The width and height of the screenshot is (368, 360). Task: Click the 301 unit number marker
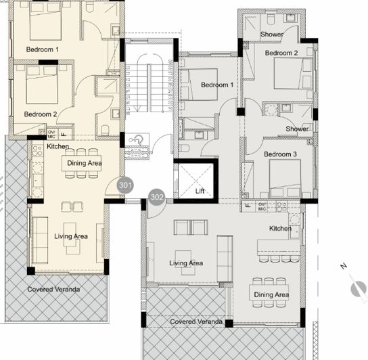click(124, 184)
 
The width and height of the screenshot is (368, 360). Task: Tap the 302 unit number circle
click(157, 197)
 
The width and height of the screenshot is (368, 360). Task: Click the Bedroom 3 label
click(280, 155)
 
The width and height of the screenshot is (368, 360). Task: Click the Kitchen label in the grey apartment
click(281, 229)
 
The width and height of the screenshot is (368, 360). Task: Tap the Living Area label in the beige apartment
click(71, 236)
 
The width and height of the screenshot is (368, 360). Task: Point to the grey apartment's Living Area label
click(187, 263)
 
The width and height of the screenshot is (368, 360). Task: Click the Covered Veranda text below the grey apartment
click(196, 321)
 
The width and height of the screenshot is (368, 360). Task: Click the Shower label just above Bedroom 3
click(297, 129)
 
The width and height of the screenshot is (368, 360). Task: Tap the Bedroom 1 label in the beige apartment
click(42, 50)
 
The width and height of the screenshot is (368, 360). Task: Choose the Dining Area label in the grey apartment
click(271, 295)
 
